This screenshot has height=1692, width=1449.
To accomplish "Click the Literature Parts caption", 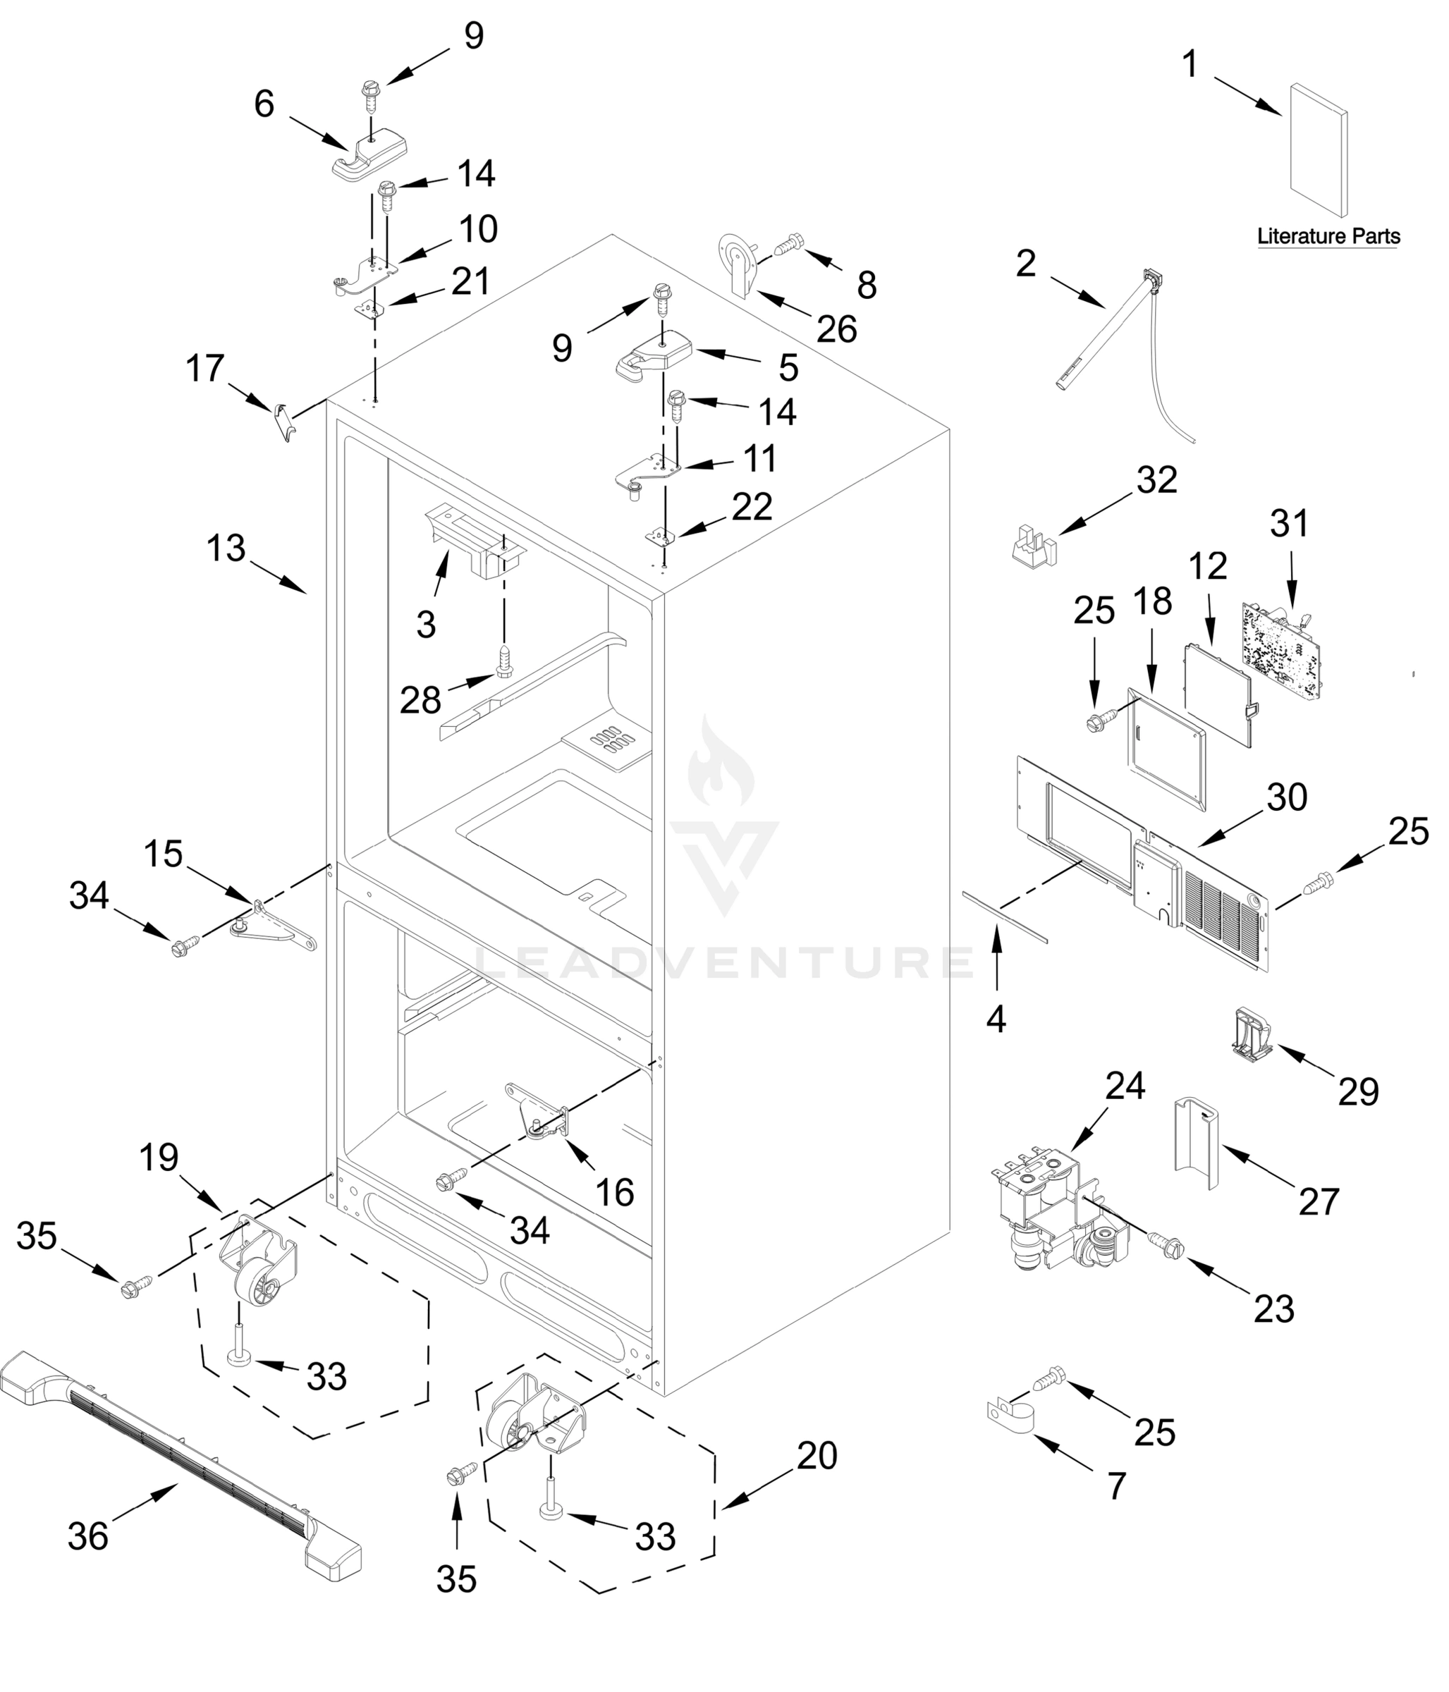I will (1328, 237).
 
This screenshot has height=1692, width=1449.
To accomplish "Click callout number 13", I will (226, 548).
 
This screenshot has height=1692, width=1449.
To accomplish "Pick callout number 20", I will (817, 1455).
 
